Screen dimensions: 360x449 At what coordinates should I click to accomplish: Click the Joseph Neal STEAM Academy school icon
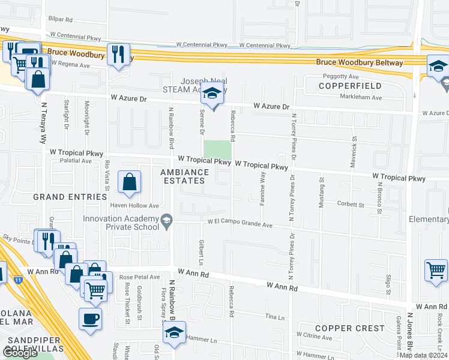pos(212,94)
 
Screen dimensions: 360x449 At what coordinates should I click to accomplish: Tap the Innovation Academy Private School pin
pos(166,223)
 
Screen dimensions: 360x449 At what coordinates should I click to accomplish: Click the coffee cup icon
pos(91,319)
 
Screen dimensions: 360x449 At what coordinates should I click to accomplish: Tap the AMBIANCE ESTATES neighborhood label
pos(184,178)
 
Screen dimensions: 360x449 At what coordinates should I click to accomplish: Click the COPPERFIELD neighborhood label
pos(343,86)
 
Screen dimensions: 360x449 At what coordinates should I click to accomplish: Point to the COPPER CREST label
pos(349,328)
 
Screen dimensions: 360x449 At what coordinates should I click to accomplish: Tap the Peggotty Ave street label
pos(340,77)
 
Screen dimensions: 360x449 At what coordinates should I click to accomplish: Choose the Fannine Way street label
pos(262,188)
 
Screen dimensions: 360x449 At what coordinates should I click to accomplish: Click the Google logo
pos(20,353)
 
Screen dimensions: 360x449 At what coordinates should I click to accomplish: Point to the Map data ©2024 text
pos(423,355)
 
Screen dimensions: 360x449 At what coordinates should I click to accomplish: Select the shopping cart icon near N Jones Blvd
pos(436,269)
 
